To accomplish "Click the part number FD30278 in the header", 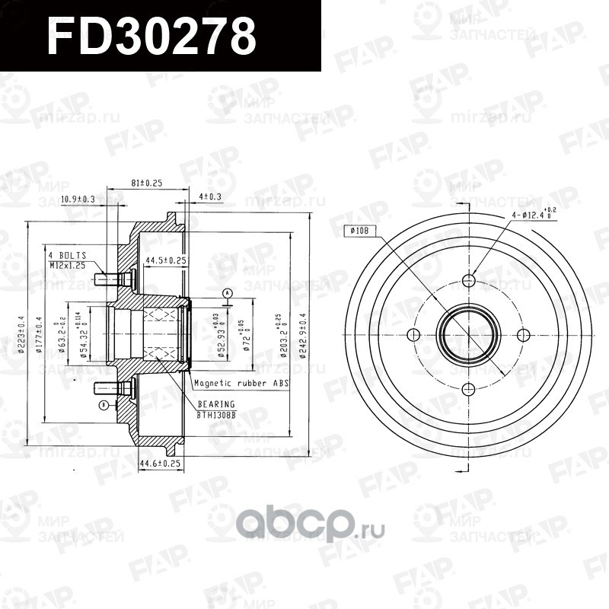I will coord(151,35).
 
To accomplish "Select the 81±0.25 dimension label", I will coord(148,183).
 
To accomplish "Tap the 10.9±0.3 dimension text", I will coord(78,199).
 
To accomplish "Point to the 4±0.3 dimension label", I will coord(210,196).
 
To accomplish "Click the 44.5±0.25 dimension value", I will coord(167,260).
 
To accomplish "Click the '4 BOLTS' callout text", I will coord(68,255).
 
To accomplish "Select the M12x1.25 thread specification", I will coord(69,265).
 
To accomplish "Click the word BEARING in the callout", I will coord(216,403).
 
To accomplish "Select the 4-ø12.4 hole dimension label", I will coord(534,215).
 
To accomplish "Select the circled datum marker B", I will coord(103,405).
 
